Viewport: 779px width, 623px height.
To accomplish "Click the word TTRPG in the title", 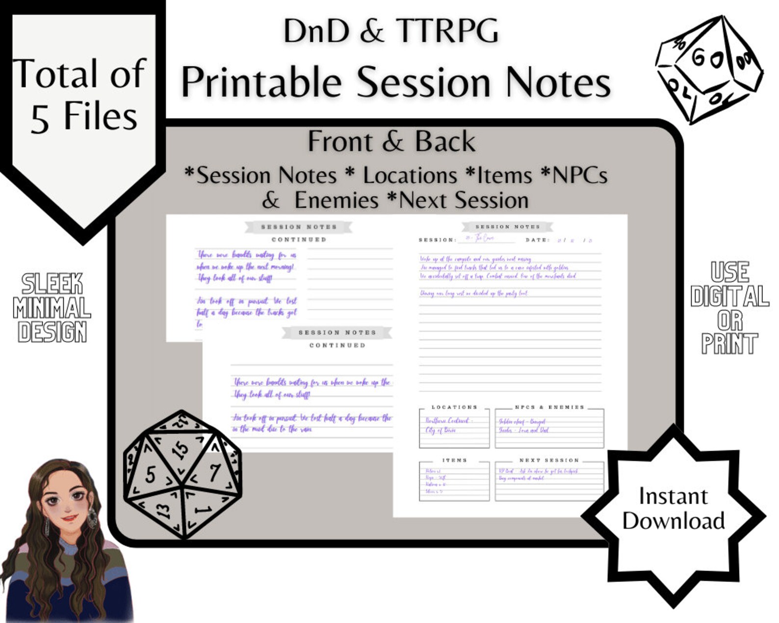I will [x=447, y=30].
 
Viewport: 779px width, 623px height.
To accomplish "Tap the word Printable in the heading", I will [x=261, y=82].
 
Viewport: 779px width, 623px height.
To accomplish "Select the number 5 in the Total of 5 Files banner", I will [x=40, y=119].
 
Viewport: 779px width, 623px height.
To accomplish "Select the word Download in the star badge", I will [x=673, y=521].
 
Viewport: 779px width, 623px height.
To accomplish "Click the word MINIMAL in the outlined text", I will [x=52, y=309].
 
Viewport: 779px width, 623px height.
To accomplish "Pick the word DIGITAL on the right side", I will [x=729, y=296].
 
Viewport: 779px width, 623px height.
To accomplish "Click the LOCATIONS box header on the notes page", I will [x=454, y=407].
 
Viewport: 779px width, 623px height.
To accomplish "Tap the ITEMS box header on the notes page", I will [x=455, y=460].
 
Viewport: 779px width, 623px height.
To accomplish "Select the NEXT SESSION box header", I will [x=549, y=460].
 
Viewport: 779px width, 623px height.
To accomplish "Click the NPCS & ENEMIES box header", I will [x=549, y=407].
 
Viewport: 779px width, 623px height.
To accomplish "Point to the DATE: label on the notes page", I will [x=538, y=240].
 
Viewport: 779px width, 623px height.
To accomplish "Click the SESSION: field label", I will [x=437, y=240].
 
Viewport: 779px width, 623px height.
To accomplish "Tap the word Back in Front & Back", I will [x=445, y=142].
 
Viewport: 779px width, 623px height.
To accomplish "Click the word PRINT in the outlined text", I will [x=729, y=343].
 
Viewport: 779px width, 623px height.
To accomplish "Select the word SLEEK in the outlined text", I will [x=52, y=284].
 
